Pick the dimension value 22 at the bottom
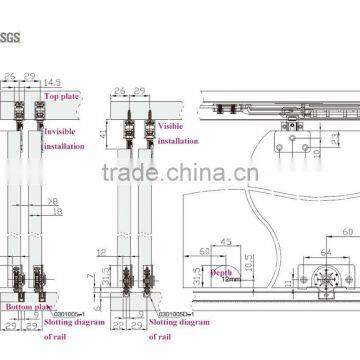click(120, 325)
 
